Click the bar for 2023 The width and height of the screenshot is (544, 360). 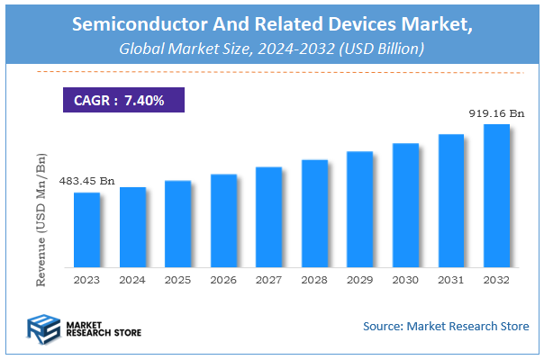tap(86, 229)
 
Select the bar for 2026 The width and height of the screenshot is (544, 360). tap(223, 220)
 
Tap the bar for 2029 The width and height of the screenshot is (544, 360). tap(360, 209)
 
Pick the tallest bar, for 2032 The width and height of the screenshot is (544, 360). tap(496, 195)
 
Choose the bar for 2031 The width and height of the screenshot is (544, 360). tap(451, 201)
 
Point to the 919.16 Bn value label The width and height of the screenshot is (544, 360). tap(496, 114)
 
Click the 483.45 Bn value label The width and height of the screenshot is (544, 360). tap(86, 182)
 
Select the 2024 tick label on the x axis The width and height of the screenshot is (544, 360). tap(132, 281)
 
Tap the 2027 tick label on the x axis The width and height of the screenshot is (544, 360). tap(268, 281)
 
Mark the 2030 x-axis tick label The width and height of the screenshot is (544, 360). tap(405, 281)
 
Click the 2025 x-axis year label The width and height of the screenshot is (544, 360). tap(177, 281)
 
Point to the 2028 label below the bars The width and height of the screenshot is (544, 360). tap(314, 281)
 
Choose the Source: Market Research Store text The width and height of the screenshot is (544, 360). tap(446, 326)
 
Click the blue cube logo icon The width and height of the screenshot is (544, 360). tap(42, 328)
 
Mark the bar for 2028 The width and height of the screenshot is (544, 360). tap(314, 213)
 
